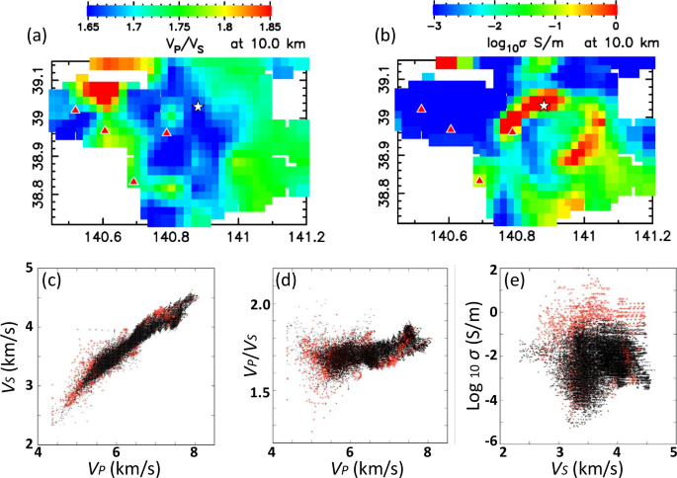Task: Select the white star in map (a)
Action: (x=198, y=106)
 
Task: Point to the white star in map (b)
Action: (x=544, y=105)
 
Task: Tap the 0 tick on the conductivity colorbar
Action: (x=616, y=29)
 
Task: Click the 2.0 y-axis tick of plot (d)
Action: (x=258, y=307)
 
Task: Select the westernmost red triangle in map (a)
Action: (x=75, y=110)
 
